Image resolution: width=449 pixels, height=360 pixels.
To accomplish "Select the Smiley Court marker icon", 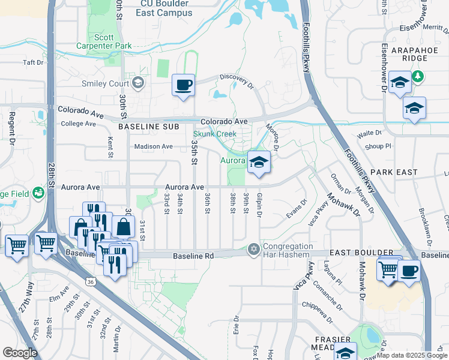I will pyautogui.click(x=139, y=83).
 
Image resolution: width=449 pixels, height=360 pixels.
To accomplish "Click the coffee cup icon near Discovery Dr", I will pyautogui.click(x=183, y=85).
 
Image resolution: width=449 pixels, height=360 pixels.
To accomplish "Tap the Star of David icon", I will pyautogui.click(x=254, y=249).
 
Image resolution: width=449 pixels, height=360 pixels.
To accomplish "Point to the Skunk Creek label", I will pyautogui.click(x=215, y=134).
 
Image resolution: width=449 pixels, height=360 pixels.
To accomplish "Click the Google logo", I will pyautogui.click(x=20, y=353).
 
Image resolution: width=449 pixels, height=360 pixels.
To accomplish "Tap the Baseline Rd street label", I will pyautogui.click(x=193, y=256).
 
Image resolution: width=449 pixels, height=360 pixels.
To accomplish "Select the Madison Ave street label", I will pyautogui.click(x=153, y=146).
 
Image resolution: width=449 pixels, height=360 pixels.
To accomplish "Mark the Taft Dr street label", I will pyautogui.click(x=33, y=62).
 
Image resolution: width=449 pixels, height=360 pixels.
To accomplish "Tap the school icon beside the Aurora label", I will pyautogui.click(x=259, y=163).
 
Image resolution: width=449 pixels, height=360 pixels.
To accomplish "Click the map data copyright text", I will pyautogui.click(x=412, y=355).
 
